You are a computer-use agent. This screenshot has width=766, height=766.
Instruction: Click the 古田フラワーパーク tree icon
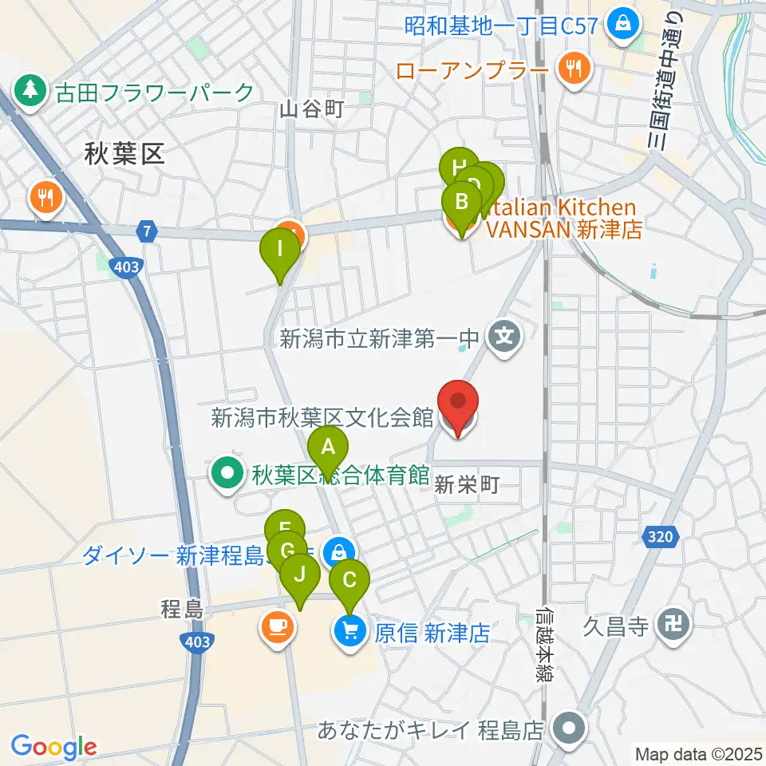[x=31, y=92]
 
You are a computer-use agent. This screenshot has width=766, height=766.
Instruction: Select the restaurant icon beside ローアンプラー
[x=572, y=70]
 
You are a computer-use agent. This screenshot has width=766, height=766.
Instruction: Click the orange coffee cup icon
[x=276, y=626]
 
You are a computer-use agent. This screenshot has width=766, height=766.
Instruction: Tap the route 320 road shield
[x=661, y=537]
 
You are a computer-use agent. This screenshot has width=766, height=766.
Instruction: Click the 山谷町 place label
[x=311, y=110]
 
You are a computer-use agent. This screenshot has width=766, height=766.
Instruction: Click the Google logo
[x=54, y=747]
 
